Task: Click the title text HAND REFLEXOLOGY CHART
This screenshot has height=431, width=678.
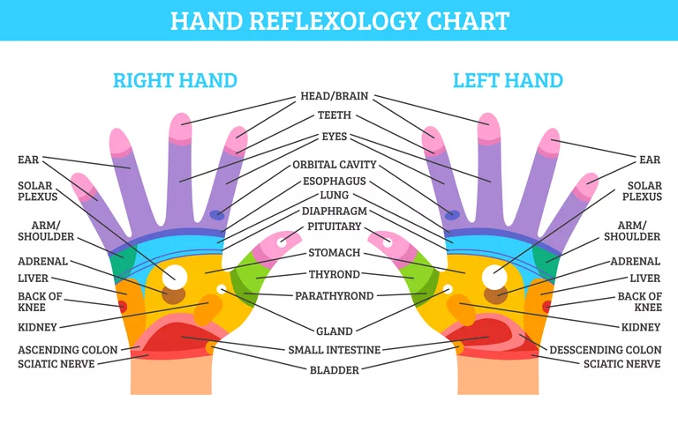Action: (x=339, y=20)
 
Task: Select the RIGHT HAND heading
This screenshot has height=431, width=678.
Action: (x=175, y=80)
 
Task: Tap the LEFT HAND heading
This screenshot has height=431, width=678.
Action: (x=508, y=80)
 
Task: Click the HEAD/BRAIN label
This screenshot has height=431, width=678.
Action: (x=334, y=96)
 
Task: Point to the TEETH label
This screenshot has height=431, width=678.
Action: (x=334, y=115)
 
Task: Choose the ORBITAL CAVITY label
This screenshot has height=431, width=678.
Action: (x=334, y=165)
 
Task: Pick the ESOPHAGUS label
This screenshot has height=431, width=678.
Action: (x=334, y=181)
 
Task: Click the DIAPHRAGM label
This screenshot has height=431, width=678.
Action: (x=334, y=212)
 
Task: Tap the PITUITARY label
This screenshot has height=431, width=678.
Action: (x=334, y=227)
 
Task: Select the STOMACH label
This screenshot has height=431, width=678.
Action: (x=334, y=253)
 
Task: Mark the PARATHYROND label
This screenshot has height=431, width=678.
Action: (x=334, y=296)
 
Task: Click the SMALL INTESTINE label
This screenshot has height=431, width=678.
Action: (x=335, y=350)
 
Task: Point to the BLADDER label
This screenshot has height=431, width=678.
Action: (x=335, y=371)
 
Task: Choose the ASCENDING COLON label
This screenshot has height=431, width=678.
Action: (x=67, y=350)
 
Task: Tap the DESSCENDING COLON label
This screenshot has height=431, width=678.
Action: (x=605, y=350)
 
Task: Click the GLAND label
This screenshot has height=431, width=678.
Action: (x=335, y=331)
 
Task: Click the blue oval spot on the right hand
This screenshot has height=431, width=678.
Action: (x=215, y=214)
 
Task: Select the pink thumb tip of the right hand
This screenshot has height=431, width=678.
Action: (x=290, y=238)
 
